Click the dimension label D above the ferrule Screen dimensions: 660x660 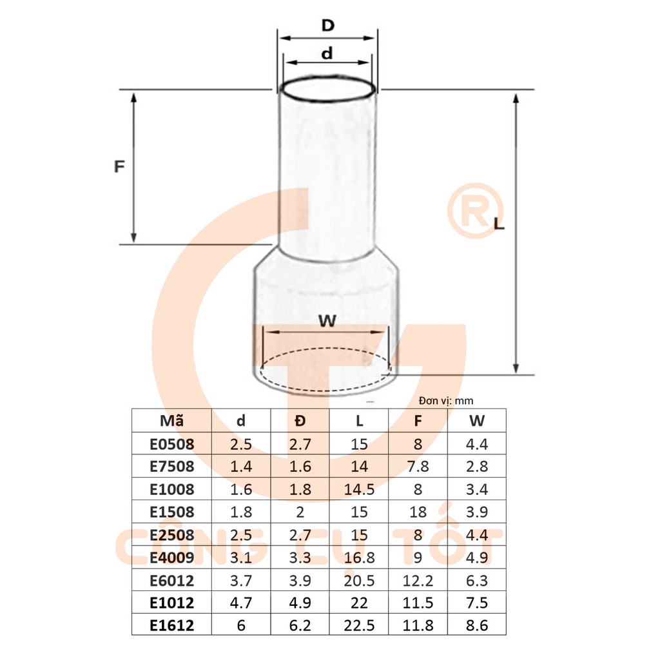327,25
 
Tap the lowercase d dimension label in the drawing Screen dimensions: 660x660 327,53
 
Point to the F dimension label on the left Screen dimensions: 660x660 119,167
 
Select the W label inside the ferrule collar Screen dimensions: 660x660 327,321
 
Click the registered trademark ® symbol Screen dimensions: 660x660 475,211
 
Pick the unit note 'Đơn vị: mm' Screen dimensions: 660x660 446,401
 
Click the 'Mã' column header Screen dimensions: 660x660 171,420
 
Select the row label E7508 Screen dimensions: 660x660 171,467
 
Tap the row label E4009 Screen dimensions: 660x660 171,558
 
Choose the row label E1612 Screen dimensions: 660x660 171,625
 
